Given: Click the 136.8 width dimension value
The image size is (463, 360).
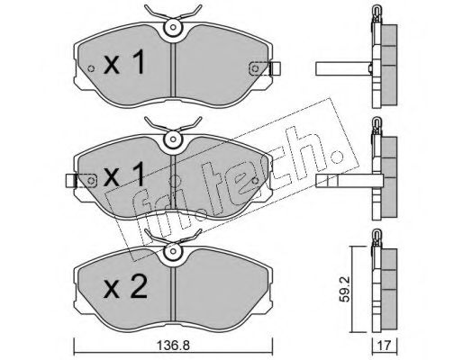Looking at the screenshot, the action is coord(172,346).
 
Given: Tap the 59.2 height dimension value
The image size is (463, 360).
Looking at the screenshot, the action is coord(344,289).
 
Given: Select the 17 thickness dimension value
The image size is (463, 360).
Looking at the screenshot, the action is coord(385,346).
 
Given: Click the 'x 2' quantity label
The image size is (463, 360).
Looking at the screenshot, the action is coord(125,287).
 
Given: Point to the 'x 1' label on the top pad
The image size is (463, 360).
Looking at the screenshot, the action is coord(124,63).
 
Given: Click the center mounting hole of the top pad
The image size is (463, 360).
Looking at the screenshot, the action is coord(173,27).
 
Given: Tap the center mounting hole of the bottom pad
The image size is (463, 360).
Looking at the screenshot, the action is coord(173,251).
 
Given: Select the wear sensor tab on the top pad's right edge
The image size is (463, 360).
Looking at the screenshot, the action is coord(275,67).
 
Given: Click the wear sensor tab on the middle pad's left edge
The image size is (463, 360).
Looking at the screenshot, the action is coord(71,181).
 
